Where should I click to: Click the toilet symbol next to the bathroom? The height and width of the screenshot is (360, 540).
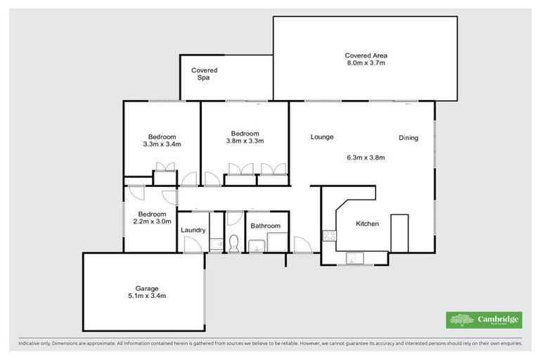point(235,243)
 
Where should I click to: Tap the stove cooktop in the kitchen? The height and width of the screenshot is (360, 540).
point(328,236)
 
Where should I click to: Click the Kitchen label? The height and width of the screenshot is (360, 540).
point(367,224)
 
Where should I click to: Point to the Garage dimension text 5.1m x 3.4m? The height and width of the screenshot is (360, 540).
point(147,296)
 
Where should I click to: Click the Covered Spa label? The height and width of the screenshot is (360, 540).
point(205,74)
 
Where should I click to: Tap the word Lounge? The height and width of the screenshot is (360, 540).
point(322,137)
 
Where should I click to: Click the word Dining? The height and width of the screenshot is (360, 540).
point(409,138)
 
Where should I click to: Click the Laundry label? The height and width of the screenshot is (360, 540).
point(193,230)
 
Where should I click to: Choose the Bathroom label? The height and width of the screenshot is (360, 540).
point(266,226)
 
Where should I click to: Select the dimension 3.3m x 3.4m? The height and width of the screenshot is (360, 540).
point(162,145)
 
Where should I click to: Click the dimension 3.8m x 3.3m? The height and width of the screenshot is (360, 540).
point(245,141)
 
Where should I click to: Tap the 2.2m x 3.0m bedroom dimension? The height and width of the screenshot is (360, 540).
point(152,222)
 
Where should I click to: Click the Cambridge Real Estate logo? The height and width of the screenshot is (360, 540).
point(484,320)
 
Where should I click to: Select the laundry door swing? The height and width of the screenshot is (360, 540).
point(190,245)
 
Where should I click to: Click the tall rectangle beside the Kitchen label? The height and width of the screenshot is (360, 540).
point(399,233)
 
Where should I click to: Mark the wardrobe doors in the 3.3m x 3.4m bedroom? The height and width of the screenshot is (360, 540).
point(165,167)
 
